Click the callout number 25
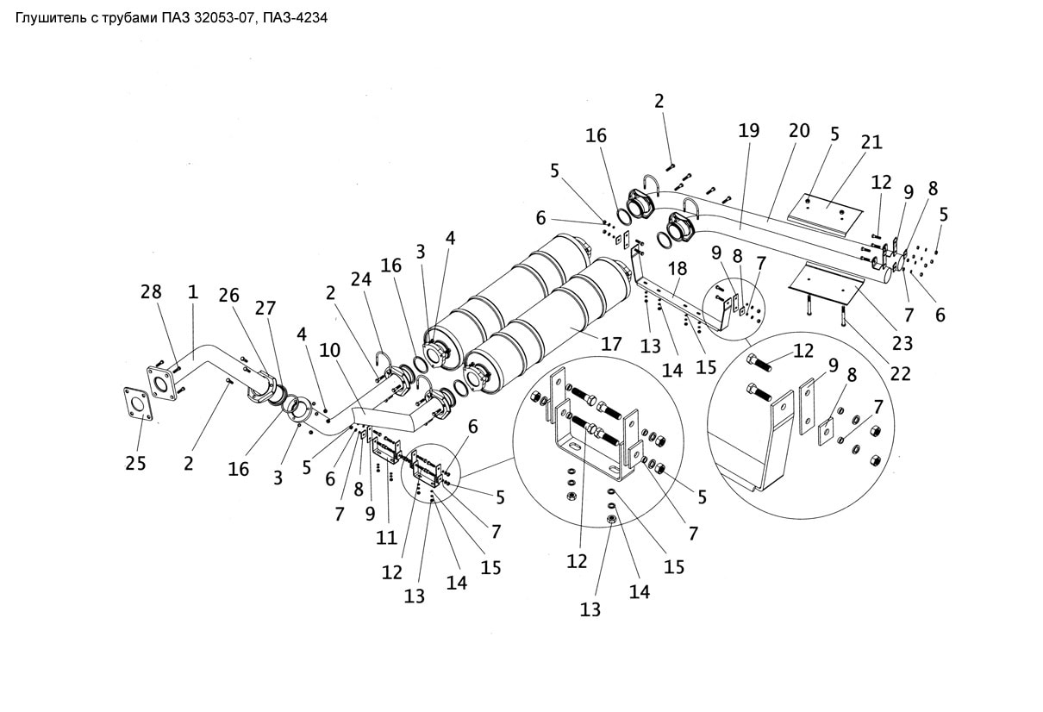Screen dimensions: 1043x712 coord(135,464)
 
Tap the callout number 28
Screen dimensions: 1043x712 coord(151,292)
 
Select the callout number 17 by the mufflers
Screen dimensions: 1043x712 coord(611,344)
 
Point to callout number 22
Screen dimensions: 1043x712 coord(900,373)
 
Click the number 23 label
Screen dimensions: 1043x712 coord(902,344)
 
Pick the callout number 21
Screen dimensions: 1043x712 coord(871,142)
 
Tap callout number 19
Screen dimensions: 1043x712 coord(749,131)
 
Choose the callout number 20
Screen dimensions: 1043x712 coord(799,131)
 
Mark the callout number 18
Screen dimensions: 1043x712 coord(677,269)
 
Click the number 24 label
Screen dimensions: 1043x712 coord(361,279)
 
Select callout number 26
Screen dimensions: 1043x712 coord(228,296)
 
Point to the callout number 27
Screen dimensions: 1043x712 coord(265,308)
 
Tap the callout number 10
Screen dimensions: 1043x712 coord(329,350)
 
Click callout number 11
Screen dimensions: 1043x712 coord(386,538)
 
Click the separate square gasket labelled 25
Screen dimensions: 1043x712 coord(138,404)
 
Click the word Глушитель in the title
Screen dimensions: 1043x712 coord(51,19)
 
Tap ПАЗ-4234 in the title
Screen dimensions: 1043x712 coord(295,18)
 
